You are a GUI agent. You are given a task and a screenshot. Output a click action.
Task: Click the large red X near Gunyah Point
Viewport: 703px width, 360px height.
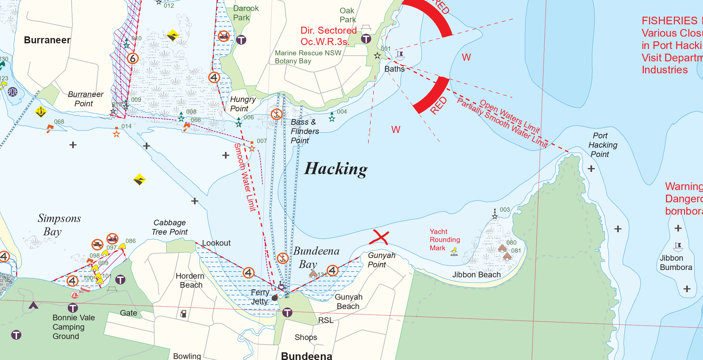(380, 238)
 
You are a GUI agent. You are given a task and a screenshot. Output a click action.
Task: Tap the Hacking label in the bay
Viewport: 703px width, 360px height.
(336, 169)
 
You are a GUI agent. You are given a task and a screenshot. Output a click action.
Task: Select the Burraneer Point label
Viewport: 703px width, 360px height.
(85, 99)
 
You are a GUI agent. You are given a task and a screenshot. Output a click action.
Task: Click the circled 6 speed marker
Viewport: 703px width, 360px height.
(133, 59)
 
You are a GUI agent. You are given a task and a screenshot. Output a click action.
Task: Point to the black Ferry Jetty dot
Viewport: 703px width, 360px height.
(275, 298)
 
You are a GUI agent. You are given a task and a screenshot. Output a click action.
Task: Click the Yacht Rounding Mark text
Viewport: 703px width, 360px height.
(444, 240)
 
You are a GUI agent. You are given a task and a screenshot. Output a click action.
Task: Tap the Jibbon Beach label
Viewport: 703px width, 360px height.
(476, 275)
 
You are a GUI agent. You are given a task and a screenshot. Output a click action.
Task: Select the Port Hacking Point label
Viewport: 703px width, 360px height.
(602, 145)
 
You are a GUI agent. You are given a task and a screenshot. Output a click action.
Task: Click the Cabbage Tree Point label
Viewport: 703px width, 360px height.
(170, 227)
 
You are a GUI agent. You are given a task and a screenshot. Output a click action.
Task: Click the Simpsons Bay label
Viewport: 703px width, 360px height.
(59, 225)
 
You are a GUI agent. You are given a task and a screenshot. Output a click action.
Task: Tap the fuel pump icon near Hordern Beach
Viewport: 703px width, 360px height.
(183, 314)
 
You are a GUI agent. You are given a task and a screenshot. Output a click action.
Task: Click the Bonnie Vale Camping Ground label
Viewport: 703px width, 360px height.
(73, 327)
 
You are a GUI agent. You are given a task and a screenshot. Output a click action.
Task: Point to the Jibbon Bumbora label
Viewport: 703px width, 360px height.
(676, 263)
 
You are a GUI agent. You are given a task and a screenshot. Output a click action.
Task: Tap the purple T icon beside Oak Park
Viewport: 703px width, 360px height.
(366, 39)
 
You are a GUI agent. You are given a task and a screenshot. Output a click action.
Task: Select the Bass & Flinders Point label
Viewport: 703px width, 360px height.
(304, 131)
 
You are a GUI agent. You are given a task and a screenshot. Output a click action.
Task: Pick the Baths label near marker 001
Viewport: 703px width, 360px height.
(394, 69)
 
